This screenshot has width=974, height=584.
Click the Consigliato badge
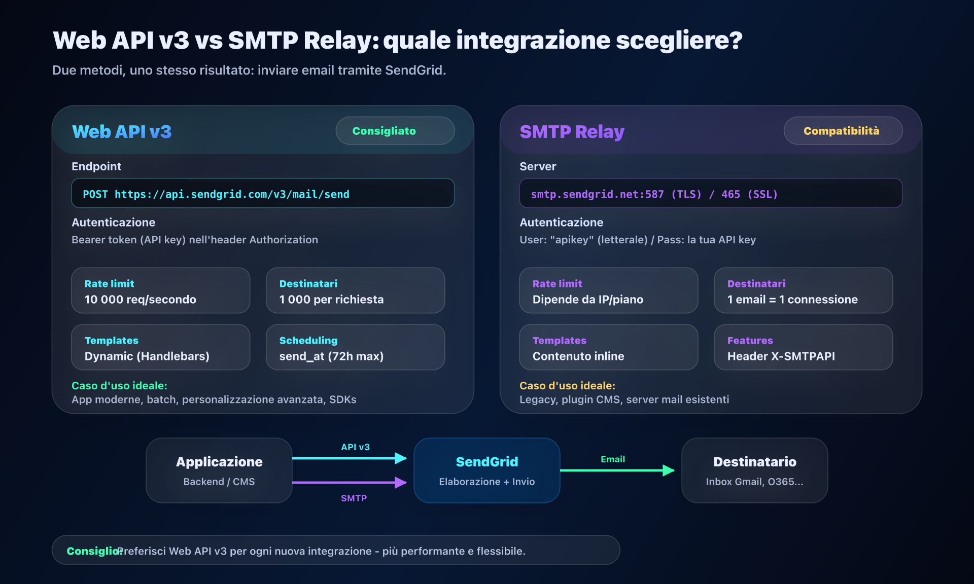point(395,131)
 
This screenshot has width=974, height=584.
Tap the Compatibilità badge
point(843,131)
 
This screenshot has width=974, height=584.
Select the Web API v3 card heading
point(122,132)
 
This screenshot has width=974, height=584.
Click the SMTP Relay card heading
point(572,132)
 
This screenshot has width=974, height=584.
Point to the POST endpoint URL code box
point(263,193)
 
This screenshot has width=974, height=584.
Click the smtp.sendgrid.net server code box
point(711,193)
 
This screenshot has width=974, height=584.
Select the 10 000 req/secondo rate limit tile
point(160,290)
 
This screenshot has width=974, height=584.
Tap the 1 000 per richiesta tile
point(355,290)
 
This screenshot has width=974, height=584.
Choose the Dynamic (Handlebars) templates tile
point(160,347)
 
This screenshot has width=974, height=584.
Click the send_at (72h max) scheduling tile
point(355,347)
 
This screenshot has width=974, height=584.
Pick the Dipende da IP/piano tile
point(608,290)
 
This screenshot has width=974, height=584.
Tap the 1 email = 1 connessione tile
point(803,290)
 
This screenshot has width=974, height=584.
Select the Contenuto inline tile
point(608,347)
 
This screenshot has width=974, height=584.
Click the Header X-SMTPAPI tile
point(803,347)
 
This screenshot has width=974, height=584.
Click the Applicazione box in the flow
point(219,470)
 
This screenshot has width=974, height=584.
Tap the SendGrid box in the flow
point(487,470)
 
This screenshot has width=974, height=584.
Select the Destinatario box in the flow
point(754,470)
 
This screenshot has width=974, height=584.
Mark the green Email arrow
point(617,470)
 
